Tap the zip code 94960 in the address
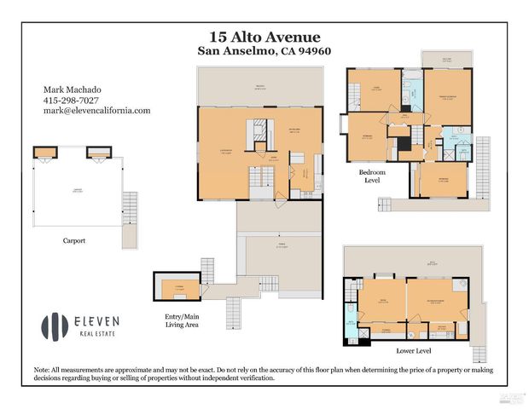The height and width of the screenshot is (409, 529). [x=311, y=51]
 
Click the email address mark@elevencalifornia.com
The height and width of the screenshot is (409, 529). [x=96, y=111]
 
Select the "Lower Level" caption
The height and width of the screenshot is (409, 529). [x=414, y=350]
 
